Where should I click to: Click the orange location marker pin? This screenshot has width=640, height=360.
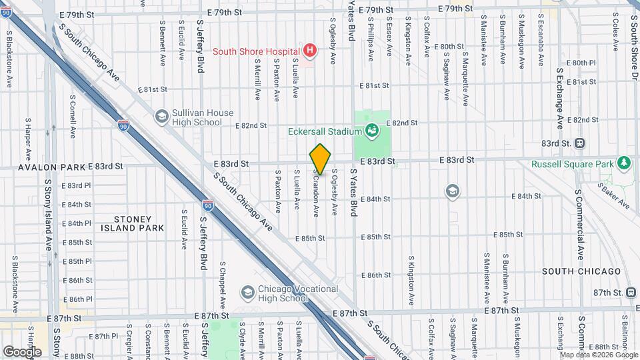(x=320, y=159)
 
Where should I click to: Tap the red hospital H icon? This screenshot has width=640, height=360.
(x=309, y=50)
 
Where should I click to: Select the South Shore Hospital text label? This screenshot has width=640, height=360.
(x=256, y=51)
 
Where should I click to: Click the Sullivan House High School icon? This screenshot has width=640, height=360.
(x=161, y=117)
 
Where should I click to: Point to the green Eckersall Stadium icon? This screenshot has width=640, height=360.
(x=373, y=131)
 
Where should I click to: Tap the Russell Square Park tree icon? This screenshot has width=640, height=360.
(x=623, y=163)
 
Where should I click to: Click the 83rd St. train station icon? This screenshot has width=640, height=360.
(x=579, y=143)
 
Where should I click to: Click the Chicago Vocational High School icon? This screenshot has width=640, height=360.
(x=247, y=293)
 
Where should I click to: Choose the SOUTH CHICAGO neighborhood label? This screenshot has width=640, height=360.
(x=581, y=271)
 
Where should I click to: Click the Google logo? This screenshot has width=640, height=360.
(x=22, y=351)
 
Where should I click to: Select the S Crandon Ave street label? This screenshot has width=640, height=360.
(x=316, y=192)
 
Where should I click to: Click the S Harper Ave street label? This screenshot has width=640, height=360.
(x=28, y=139)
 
